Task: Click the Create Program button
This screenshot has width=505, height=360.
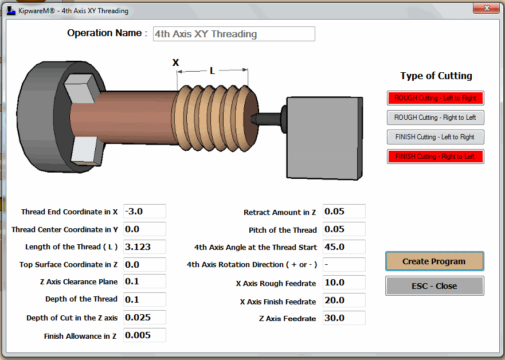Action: tap(434, 261)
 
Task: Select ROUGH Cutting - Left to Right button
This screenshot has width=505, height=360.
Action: tap(436, 98)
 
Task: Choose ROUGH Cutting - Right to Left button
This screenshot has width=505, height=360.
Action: tap(436, 118)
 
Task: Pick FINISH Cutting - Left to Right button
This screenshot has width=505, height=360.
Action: tap(436, 137)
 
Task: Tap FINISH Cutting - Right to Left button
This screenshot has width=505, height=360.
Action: tap(436, 156)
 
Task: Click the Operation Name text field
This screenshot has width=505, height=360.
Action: tap(234, 34)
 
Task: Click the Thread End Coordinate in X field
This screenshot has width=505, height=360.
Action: tap(144, 212)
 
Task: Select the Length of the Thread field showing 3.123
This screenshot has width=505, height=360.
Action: tap(144, 247)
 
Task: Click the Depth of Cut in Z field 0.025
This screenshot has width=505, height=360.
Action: tap(144, 318)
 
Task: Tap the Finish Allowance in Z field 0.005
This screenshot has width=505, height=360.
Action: tap(144, 335)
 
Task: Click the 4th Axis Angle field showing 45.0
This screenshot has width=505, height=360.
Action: tap(344, 247)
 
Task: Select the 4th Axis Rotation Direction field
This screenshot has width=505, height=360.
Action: tap(344, 265)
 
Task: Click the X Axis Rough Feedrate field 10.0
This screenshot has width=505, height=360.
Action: tap(344, 283)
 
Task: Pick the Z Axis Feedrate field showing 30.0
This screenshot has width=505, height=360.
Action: tap(344, 318)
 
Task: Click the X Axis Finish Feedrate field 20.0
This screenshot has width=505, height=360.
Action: tap(344, 301)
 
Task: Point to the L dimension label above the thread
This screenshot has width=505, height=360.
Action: tap(212, 71)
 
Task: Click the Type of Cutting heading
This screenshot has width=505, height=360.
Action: tap(436, 76)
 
